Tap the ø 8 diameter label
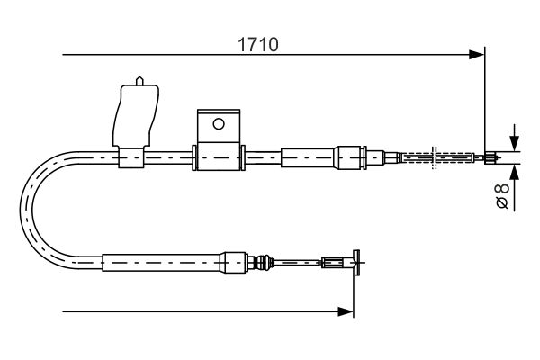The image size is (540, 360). point(503,195)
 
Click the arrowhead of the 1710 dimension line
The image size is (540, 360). point(478,56)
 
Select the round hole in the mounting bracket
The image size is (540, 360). point(217,124)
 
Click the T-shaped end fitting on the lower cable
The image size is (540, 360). point(356,263)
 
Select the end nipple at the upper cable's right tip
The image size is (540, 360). point(490,158)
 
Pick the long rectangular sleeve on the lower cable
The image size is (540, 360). point(162,263)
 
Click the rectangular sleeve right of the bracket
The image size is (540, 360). point(308,157)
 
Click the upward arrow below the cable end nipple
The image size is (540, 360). point(513,173)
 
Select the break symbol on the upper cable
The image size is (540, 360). point(435,157)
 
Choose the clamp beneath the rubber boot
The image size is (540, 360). point(130,158)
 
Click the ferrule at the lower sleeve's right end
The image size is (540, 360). point(234,263)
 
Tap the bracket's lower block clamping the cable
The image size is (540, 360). point(218,157)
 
